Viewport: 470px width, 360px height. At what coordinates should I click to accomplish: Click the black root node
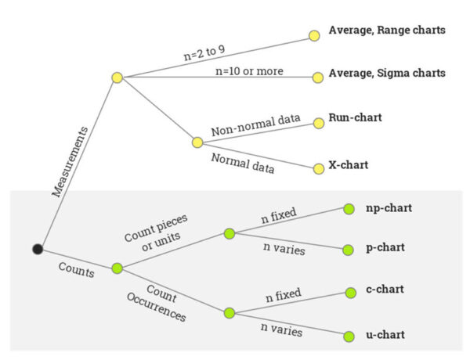pos(38,249)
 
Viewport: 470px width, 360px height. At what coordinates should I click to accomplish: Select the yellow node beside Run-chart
pos(318,123)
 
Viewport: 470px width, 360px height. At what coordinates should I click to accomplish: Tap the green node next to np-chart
pos(349,209)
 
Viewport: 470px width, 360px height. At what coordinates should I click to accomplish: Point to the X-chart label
pos(349,165)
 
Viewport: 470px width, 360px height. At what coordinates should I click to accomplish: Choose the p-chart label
pos(385,247)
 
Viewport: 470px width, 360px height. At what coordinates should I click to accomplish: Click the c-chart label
pos(385,290)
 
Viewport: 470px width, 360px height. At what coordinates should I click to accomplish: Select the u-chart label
pos(385,334)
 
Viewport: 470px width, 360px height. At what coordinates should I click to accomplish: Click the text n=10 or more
pos(249,71)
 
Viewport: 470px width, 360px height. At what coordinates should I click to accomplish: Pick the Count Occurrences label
pos(157,306)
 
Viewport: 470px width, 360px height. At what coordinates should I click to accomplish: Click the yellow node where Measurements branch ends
pos(117,77)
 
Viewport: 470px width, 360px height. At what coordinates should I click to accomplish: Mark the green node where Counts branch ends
pos(117,268)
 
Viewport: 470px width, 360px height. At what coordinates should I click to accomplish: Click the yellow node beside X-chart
pos(318,168)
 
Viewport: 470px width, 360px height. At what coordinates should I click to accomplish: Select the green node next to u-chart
pos(349,337)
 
